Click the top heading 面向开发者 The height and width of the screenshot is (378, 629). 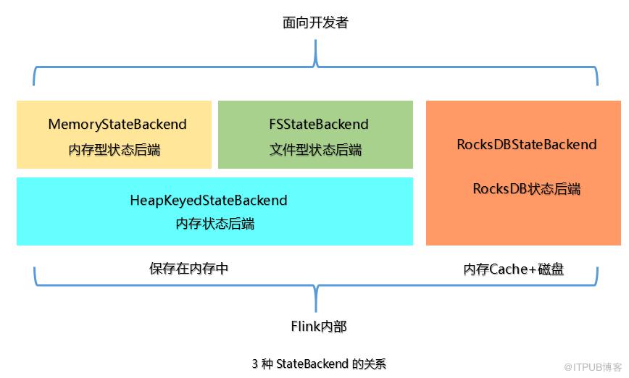(315, 23)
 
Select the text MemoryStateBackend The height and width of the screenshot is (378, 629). (117, 125)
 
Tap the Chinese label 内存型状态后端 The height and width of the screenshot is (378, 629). (114, 150)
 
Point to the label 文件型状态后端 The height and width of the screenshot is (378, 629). (315, 150)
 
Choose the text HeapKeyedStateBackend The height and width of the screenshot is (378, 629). (209, 200)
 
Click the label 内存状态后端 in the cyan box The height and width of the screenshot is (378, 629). (214, 224)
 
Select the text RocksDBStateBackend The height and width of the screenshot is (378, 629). (526, 144)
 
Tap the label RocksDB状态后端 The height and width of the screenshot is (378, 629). (526, 189)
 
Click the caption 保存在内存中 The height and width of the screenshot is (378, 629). (189, 269)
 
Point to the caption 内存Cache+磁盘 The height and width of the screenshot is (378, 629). (513, 269)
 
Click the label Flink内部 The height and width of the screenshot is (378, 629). (318, 327)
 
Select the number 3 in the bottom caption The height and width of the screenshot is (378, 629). (255, 364)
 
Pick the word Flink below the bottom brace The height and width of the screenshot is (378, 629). (305, 327)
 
